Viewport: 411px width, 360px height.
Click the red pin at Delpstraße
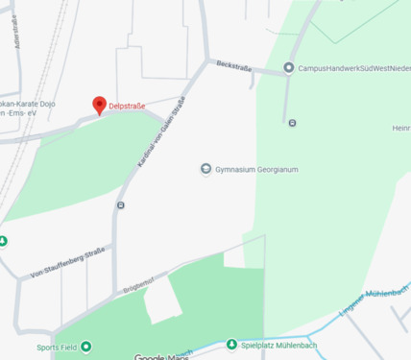tap(99, 105)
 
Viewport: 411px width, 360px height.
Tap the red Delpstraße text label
tap(127, 106)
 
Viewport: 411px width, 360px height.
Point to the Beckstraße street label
tap(233, 66)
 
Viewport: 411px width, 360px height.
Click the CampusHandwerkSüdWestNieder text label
tap(354, 67)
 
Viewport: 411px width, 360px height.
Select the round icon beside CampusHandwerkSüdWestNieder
tap(289, 67)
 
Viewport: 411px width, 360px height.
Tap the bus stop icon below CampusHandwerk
tap(292, 122)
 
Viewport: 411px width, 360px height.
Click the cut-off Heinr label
tap(401, 128)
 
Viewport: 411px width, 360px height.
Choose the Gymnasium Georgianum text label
tap(257, 170)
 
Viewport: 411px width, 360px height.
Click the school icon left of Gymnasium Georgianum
tap(205, 170)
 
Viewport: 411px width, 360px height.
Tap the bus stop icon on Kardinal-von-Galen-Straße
tap(120, 204)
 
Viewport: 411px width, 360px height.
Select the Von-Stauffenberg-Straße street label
tap(67, 262)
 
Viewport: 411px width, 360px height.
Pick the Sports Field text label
tap(57, 347)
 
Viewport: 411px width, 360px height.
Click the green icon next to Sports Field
tap(86, 347)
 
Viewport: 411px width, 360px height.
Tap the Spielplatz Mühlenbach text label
tap(278, 345)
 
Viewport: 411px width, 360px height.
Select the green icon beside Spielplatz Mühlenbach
tap(230, 345)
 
